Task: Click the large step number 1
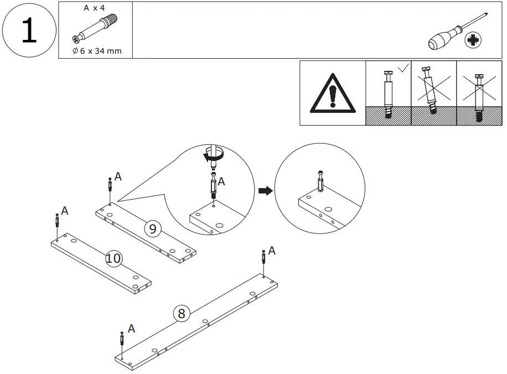click(x=28, y=31)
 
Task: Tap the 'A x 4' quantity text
click(x=94, y=8)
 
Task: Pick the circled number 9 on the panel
click(x=153, y=227)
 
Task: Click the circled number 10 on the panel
click(x=113, y=258)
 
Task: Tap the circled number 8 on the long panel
click(x=180, y=314)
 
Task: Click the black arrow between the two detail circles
click(x=266, y=191)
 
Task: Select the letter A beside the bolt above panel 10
click(x=65, y=211)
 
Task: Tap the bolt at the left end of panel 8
click(x=122, y=337)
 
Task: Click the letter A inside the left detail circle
click(x=222, y=181)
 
